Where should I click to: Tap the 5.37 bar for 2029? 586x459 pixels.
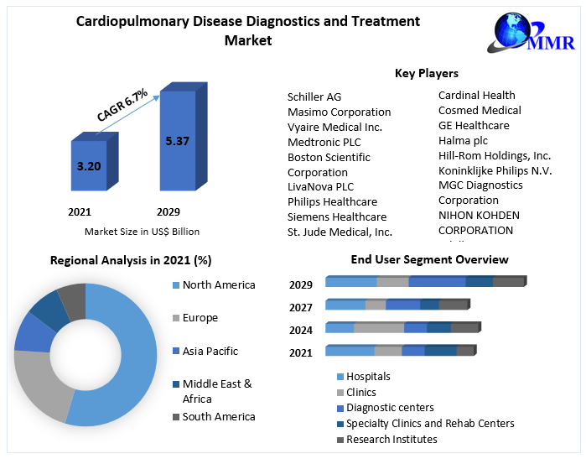pyautogui.click(x=178, y=140)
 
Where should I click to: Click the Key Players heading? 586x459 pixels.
pyautogui.click(x=426, y=74)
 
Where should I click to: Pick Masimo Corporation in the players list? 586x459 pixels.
pyautogui.click(x=339, y=112)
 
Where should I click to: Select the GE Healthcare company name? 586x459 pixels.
pyautogui.click(x=474, y=126)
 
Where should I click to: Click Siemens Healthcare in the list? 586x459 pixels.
pyautogui.click(x=337, y=217)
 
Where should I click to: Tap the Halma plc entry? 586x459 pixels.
pyautogui.click(x=463, y=141)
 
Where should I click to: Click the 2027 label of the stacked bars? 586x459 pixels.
pyautogui.click(x=301, y=307)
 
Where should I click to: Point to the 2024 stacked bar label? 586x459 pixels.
pyautogui.click(x=301, y=330)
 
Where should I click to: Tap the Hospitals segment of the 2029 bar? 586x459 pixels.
pyautogui.click(x=351, y=282)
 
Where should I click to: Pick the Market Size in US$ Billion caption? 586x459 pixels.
pyautogui.click(x=142, y=232)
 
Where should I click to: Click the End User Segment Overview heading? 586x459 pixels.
pyautogui.click(x=429, y=259)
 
